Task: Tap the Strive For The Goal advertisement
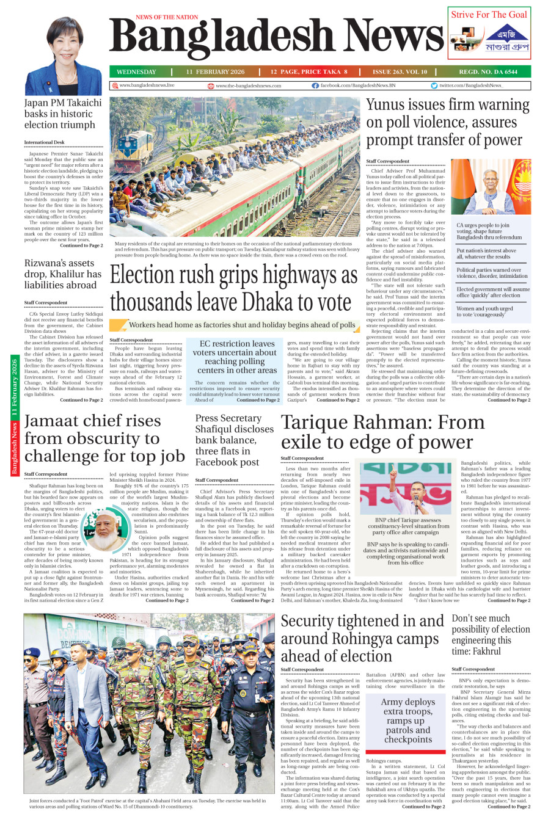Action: pyautogui.click(x=489, y=34)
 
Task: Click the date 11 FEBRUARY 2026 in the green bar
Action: pyautogui.click(x=215, y=72)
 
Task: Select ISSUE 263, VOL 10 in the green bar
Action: pyautogui.click(x=400, y=72)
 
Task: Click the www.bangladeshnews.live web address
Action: pyautogui.click(x=147, y=86)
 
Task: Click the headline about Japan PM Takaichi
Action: pyautogui.click(x=63, y=114)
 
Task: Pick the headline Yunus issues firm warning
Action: pyautogui.click(x=447, y=123)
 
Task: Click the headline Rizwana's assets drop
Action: pyautogui.click(x=63, y=274)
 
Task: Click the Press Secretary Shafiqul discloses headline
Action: pyautogui.click(x=235, y=440)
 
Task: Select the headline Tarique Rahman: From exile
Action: pyautogui.click(x=382, y=432)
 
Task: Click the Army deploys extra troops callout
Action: pyautogui.click(x=407, y=721)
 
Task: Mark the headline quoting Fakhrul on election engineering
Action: pyautogui.click(x=491, y=635)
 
